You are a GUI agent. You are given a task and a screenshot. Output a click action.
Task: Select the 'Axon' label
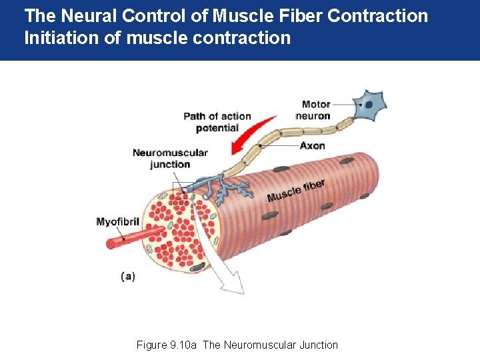point(312,145)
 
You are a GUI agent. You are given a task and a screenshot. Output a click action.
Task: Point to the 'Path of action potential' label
point(217,122)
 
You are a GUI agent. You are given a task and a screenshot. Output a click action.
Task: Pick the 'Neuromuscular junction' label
point(170,158)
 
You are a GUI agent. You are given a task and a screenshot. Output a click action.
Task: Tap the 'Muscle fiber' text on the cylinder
point(296,190)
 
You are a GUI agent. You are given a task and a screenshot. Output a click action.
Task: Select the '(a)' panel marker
point(128,276)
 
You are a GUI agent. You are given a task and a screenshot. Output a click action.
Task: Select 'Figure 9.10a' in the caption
point(166,345)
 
